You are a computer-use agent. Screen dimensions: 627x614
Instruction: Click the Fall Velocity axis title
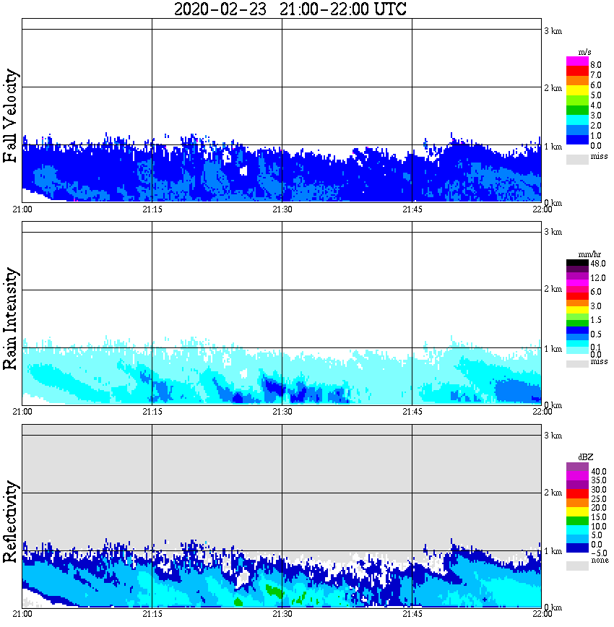[11, 116]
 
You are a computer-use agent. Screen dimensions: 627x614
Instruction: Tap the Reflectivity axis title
[11, 522]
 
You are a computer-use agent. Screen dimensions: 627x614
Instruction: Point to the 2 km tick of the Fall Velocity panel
[553, 89]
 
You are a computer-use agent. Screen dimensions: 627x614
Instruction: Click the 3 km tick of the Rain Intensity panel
[553, 232]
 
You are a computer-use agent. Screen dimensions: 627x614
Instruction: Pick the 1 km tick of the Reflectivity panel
[553, 552]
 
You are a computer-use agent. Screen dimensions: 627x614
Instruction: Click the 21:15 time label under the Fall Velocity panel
[152, 209]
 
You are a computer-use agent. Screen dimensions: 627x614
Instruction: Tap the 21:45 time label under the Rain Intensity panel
[412, 412]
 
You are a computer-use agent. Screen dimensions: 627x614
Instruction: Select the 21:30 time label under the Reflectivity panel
[282, 615]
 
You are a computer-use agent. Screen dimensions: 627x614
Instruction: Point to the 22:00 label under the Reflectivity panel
[542, 615]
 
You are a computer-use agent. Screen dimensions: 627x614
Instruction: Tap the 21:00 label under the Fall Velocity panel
[22, 209]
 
